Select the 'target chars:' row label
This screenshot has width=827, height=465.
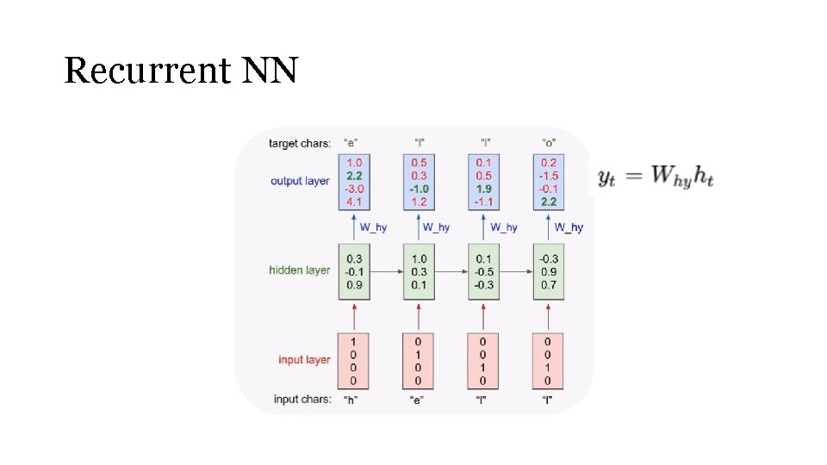[x=300, y=143]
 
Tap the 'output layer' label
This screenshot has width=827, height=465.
[x=300, y=182]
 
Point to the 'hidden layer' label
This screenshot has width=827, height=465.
[x=300, y=270]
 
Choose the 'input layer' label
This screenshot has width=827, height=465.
[x=304, y=360]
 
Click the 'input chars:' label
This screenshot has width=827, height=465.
[x=302, y=400]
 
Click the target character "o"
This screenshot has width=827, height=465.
[x=548, y=143]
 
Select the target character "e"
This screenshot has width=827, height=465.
[x=351, y=143]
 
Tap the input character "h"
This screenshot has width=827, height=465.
[x=351, y=400]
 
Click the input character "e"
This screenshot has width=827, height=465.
[x=418, y=400]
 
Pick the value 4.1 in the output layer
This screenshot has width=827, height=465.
[x=354, y=201]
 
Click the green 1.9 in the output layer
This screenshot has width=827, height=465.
[x=483, y=189]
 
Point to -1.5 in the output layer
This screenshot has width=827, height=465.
[x=549, y=176]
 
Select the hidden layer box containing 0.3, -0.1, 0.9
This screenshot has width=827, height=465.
[x=354, y=271]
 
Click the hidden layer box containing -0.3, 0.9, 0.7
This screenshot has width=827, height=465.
[x=549, y=271]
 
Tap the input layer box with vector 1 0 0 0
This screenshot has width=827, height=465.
[x=354, y=360]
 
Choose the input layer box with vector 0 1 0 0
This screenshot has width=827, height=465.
[x=419, y=360]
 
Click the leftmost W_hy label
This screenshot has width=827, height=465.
[x=373, y=227]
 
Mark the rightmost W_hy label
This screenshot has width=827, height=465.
[x=569, y=227]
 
